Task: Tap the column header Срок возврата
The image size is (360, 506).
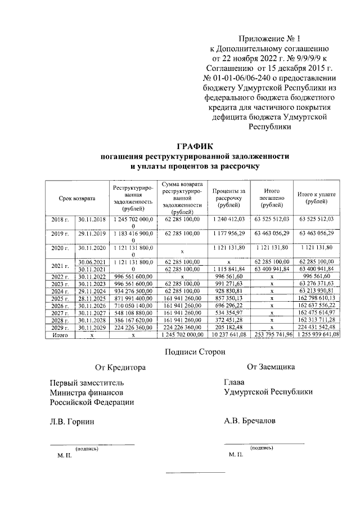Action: point(77,198)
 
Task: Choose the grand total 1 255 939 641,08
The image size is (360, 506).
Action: point(317,335)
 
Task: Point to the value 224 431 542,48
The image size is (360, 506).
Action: point(317,327)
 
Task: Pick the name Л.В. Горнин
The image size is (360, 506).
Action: point(71,421)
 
